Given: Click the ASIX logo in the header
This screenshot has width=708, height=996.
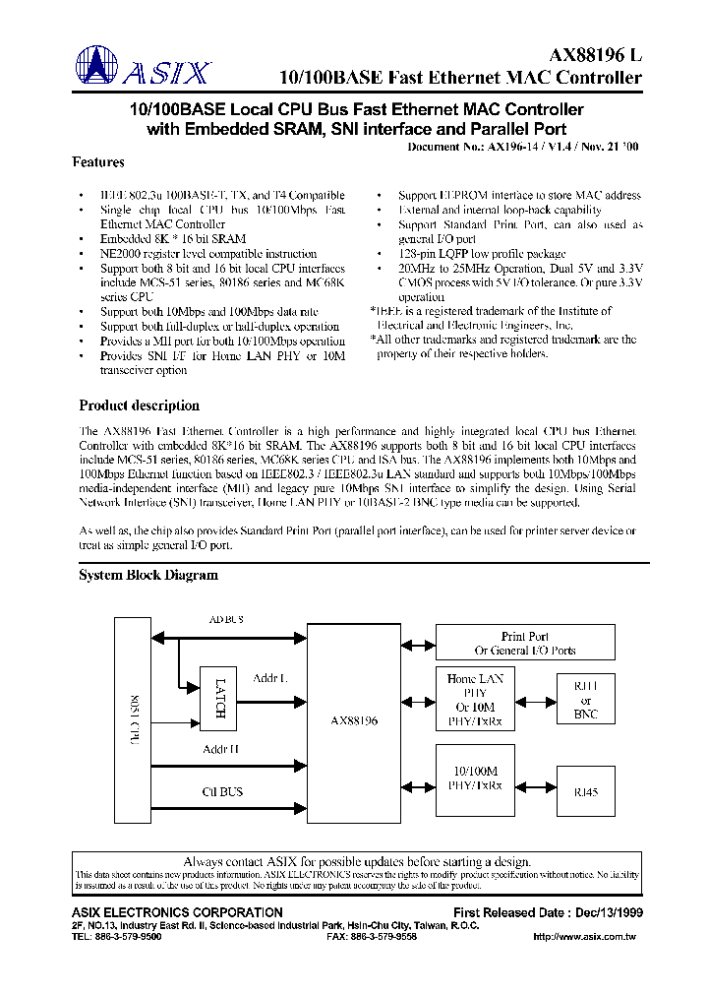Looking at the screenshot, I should point(144,69).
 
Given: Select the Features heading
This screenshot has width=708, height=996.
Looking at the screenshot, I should point(98,162).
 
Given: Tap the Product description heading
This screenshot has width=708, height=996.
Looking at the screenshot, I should point(139,405).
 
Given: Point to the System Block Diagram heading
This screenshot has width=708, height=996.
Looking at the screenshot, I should point(148,576).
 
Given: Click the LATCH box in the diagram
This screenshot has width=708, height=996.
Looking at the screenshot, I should point(218,699).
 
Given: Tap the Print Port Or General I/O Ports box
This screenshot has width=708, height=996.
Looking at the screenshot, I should point(525,644).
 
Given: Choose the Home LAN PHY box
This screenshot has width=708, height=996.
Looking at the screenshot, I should point(475,700).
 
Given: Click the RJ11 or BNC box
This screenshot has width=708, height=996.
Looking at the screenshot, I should point(584,699).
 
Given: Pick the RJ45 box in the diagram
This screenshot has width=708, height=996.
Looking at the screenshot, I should point(584,790).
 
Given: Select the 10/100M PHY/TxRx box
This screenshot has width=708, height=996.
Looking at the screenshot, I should point(475,778).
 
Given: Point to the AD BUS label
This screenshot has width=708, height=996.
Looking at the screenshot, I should point(226,620).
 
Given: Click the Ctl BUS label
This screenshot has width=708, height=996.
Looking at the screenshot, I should point(222,792).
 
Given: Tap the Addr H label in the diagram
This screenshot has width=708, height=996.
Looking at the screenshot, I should point(221,750).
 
